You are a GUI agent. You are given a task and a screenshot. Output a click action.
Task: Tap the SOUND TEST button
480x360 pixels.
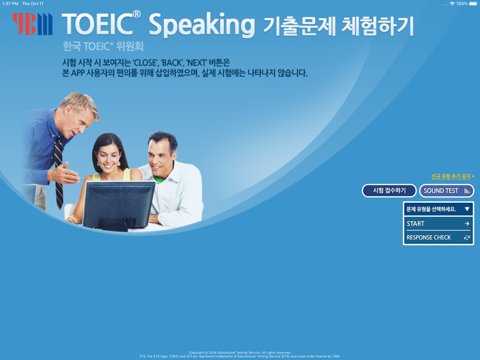[446, 191]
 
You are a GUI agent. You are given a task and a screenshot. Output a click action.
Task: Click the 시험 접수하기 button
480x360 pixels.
[389, 191]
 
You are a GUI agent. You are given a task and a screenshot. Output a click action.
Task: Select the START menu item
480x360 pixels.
[438, 224]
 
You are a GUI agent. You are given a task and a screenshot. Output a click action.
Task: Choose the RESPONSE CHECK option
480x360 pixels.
[438, 238]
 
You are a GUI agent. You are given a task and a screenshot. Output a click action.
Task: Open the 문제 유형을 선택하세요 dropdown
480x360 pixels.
[438, 209]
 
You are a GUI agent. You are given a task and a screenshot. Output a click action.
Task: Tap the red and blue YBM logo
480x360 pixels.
[33, 24]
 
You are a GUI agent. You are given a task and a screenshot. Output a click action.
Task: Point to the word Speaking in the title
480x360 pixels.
[202, 26]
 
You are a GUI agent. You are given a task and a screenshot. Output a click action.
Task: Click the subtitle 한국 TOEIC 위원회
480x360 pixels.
[103, 47]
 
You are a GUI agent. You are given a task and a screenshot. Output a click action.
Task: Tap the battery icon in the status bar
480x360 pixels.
[473, 4]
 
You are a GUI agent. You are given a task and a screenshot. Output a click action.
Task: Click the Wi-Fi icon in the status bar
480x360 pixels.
[452, 4]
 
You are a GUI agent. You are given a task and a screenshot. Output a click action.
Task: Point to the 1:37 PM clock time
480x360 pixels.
[11, 4]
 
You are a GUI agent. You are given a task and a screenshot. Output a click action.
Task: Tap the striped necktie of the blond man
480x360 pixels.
[58, 171]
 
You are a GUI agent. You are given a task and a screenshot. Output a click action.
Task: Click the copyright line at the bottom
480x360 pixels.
[240, 353]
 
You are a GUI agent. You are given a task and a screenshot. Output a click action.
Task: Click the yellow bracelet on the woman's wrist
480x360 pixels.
[72, 219]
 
